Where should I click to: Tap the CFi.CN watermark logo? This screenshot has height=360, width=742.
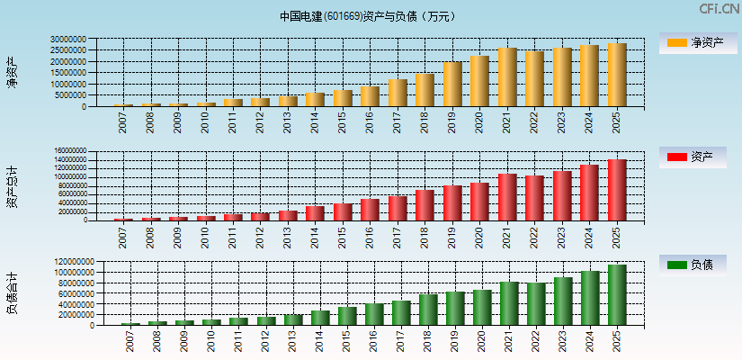click(720, 9)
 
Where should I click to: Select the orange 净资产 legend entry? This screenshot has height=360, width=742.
click(692, 43)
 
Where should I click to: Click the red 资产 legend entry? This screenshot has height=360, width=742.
click(692, 157)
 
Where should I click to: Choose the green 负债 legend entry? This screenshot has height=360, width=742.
click(692, 265)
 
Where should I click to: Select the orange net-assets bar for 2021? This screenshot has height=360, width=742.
click(507, 77)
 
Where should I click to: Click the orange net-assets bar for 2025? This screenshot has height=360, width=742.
click(617, 75)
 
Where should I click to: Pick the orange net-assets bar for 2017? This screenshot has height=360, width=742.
click(398, 93)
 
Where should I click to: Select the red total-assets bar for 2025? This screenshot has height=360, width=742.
click(617, 190)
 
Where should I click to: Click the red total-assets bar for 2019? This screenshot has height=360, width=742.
click(452, 202)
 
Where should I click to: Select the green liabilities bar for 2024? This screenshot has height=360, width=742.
click(590, 298)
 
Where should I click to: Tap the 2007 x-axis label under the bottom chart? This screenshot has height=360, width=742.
click(123, 340)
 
